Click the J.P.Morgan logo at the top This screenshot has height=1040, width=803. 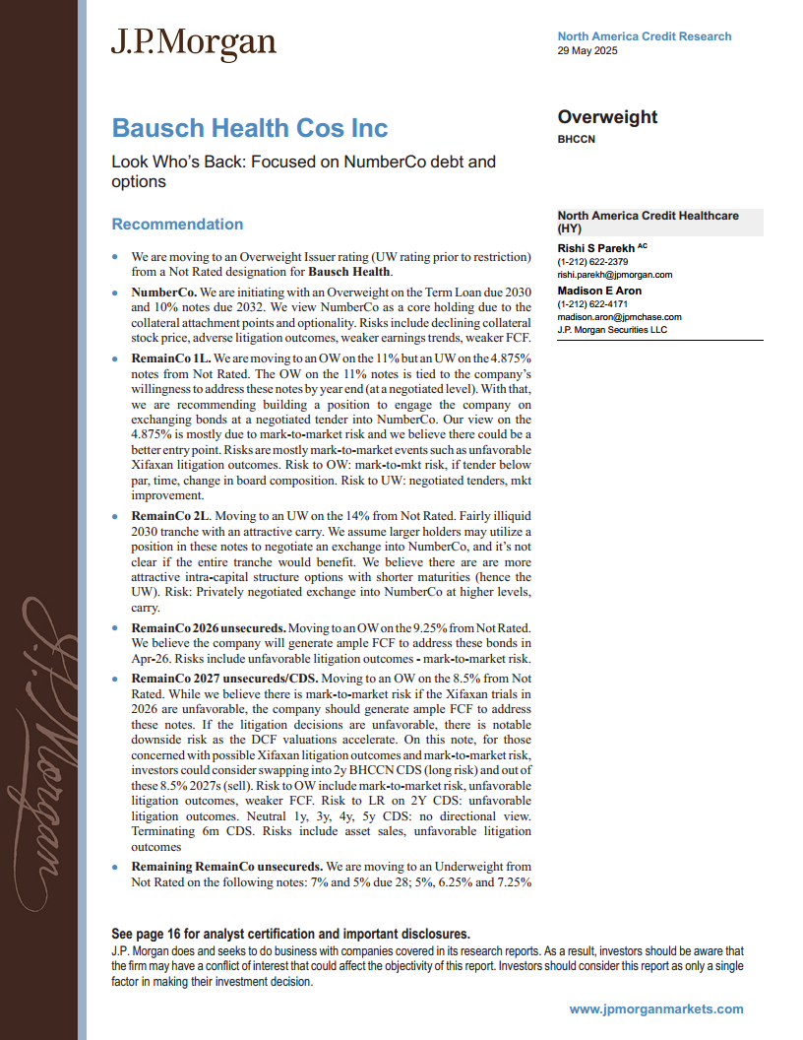[193, 42]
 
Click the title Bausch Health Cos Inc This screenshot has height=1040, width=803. [250, 128]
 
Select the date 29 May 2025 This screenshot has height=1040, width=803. [587, 51]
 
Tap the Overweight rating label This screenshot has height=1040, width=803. [607, 117]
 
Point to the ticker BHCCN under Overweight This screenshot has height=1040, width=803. [576, 140]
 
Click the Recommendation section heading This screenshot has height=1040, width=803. [177, 225]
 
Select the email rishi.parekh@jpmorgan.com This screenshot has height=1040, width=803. [614, 275]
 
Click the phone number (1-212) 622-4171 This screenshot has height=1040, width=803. [592, 304]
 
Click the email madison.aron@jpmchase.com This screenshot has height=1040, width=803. [619, 317]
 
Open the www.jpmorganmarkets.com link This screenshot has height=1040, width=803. [656, 1008]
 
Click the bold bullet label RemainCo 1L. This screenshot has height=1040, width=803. [170, 361]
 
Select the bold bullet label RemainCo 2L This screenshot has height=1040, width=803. [170, 515]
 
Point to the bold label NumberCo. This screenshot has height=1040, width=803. [164, 292]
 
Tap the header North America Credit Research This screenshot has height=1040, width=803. [644, 36]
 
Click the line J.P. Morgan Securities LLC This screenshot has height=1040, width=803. [612, 330]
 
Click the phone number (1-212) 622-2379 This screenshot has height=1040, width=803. [592, 262]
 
